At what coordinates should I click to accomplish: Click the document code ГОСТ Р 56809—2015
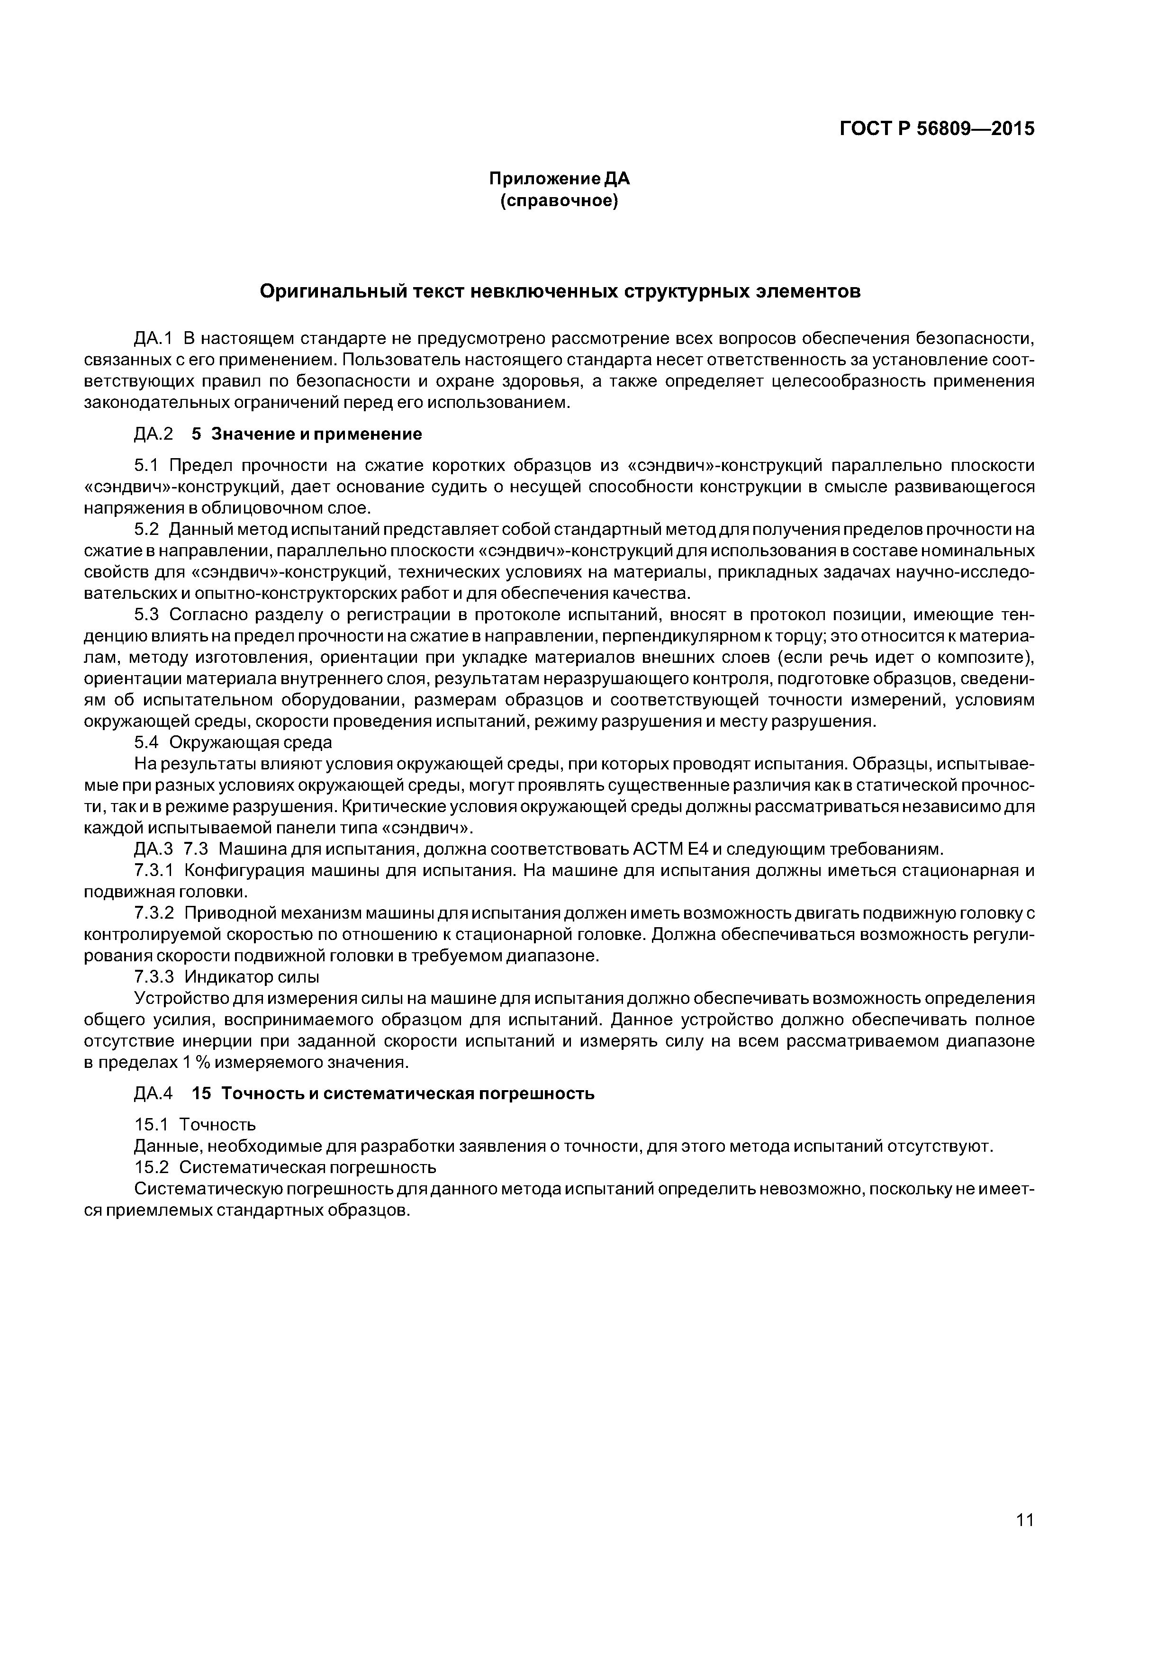(937, 129)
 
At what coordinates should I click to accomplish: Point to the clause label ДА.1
(154, 338)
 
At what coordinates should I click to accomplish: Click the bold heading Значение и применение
(316, 434)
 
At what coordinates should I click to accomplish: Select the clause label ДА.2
(154, 434)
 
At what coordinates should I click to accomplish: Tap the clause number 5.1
(150, 465)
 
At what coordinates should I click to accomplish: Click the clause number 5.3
(150, 614)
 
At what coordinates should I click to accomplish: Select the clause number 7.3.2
(157, 913)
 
